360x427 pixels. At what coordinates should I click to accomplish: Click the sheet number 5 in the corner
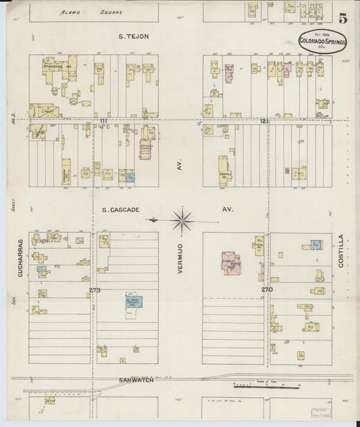[x=344, y=18]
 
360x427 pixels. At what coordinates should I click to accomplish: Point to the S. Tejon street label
[x=133, y=36]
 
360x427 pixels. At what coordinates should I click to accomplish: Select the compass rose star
[x=183, y=218]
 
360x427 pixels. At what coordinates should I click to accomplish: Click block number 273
[x=94, y=290]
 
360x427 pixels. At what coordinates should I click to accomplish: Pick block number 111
[x=103, y=120]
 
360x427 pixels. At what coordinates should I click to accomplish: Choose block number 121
[x=265, y=120]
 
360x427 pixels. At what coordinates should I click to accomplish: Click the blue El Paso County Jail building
[x=134, y=301]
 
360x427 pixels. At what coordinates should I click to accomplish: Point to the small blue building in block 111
[x=130, y=177]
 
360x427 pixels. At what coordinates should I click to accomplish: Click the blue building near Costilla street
[x=315, y=245]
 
